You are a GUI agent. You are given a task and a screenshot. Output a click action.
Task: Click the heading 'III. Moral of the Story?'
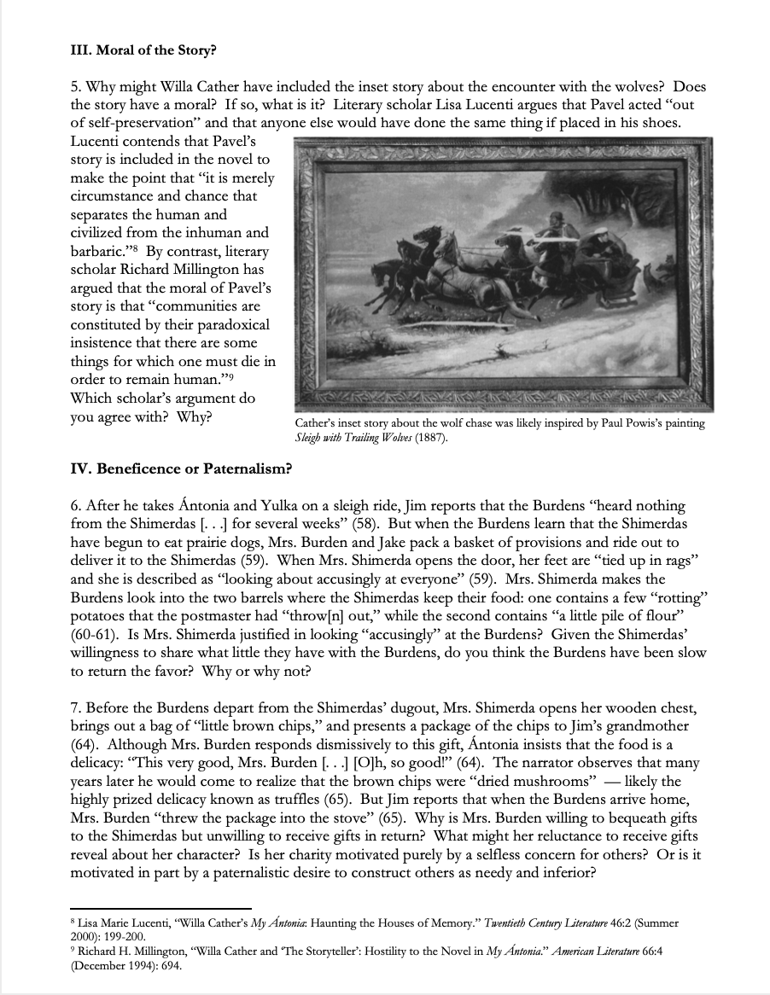(143, 49)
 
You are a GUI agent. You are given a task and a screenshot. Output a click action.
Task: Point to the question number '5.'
(76, 87)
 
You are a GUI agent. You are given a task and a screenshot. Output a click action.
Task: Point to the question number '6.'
(76, 506)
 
